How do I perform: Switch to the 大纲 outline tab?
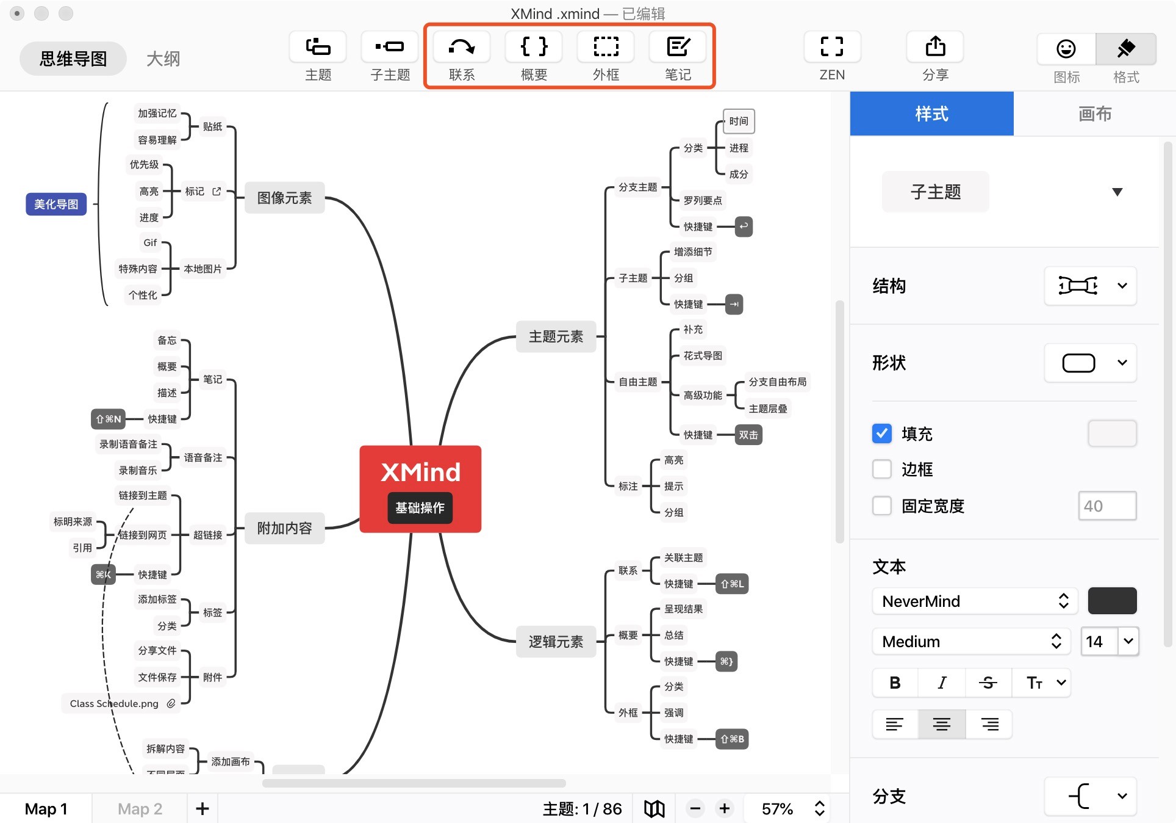click(163, 59)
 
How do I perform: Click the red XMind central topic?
click(420, 473)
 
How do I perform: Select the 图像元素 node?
click(284, 198)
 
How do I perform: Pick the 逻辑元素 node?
click(556, 642)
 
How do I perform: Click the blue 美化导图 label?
click(56, 204)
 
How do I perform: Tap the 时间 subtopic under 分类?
click(738, 121)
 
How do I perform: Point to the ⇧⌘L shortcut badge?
click(732, 584)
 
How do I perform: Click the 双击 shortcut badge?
click(748, 435)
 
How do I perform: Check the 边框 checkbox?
click(882, 470)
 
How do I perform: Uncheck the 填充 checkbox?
click(882, 433)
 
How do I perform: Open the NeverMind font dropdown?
click(974, 601)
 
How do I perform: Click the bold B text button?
click(895, 683)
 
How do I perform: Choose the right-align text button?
click(989, 725)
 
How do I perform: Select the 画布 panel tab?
click(1095, 114)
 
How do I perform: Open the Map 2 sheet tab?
click(140, 809)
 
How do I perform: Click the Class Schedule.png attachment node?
click(115, 703)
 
